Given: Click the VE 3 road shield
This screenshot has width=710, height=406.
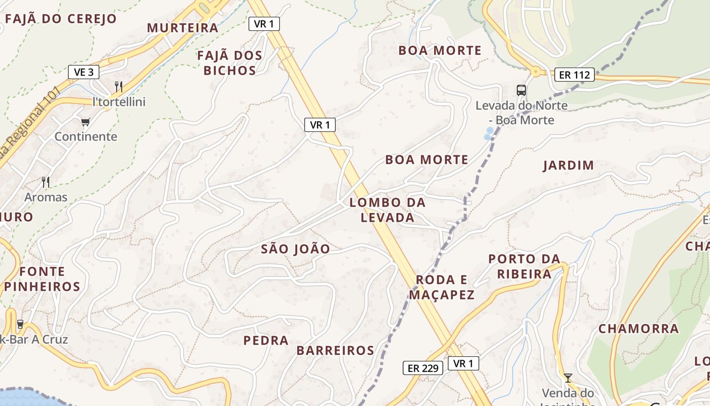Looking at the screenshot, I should click(84, 72).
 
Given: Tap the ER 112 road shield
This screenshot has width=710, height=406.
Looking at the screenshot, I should click(574, 75).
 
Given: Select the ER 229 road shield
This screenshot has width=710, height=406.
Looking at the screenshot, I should click(423, 368).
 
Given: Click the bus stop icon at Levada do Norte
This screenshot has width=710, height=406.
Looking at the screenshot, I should click(521, 90).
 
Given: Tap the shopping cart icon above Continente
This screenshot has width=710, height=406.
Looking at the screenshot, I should click(85, 122).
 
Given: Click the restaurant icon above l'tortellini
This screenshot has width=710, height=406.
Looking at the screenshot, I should click(119, 86).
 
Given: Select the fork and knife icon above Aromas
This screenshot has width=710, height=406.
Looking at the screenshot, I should click(46, 182).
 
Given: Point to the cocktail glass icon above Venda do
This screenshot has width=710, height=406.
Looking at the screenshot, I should click(567, 378).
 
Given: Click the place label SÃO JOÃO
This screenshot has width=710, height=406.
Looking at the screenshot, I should click(295, 249).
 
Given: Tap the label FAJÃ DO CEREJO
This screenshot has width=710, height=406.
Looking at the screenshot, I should click(60, 19).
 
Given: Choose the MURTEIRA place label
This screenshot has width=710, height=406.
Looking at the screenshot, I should click(183, 28).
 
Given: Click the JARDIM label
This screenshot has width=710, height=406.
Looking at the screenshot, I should click(569, 165).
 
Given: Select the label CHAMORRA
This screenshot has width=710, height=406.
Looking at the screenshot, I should click(638, 329).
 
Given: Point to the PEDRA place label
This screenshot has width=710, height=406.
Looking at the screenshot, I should click(266, 341).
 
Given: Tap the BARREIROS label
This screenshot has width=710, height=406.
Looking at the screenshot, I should click(335, 351).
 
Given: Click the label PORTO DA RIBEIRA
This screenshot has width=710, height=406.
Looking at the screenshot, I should click(524, 266).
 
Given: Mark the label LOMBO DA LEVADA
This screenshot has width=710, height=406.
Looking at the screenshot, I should click(387, 210).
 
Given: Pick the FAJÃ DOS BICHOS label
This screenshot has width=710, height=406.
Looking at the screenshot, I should click(230, 63).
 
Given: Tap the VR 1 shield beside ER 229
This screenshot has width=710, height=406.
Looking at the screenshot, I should click(463, 363).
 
